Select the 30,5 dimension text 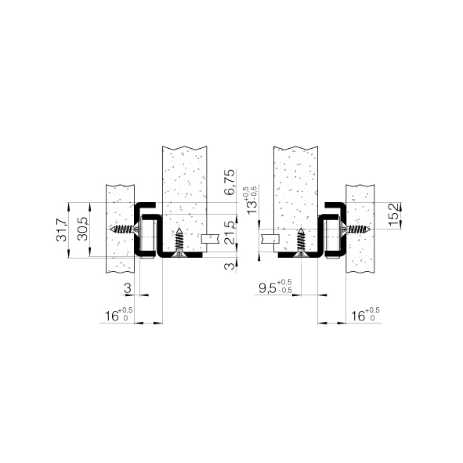click(x=83, y=229)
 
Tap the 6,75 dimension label click(x=230, y=182)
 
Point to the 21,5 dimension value click(x=230, y=233)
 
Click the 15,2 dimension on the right click(x=394, y=215)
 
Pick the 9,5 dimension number click(x=267, y=288)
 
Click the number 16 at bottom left click(x=111, y=317)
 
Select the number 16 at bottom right click(x=357, y=317)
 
